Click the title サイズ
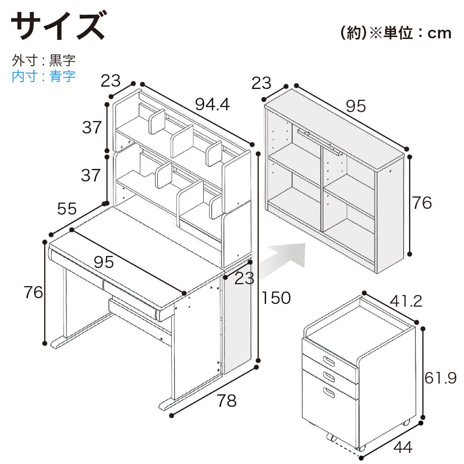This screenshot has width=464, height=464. (x=58, y=26)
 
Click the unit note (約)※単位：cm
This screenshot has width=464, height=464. (x=396, y=32)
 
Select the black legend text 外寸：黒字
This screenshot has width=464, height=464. (x=44, y=60)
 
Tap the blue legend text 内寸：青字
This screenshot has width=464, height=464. (x=44, y=76)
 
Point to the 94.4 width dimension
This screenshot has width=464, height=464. (x=213, y=104)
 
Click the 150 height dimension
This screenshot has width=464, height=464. (x=276, y=298)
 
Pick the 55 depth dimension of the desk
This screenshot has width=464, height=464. (x=67, y=209)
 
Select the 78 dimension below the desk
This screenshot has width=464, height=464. (x=227, y=401)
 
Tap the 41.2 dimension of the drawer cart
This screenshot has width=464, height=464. (x=406, y=301)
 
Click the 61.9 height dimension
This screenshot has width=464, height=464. (x=441, y=378)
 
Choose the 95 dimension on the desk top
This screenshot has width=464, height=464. (x=103, y=262)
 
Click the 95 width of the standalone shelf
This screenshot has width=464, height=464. (x=356, y=106)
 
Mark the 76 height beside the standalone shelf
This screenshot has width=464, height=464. (x=422, y=203)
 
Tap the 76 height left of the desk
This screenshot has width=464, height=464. (x=33, y=292)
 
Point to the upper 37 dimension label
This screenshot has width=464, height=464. (x=92, y=128)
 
